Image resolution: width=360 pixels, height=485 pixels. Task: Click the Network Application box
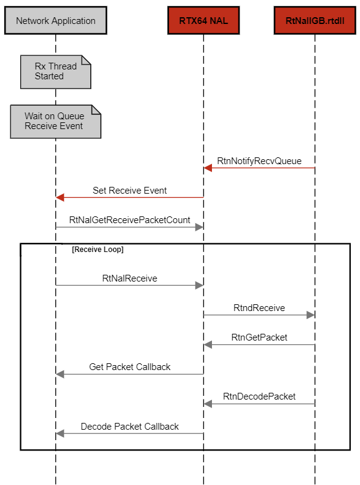coord(56,20)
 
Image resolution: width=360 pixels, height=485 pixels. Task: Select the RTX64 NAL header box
coord(203,20)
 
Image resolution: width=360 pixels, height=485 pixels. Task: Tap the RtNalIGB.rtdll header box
coord(315,20)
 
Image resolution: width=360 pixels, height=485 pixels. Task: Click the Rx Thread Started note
coord(56,72)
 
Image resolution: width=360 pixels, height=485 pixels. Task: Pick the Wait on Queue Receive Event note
coord(56,121)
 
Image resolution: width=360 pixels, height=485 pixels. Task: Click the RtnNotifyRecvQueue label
coord(259,161)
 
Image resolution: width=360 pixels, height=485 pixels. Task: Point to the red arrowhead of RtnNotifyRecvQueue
coord(208,168)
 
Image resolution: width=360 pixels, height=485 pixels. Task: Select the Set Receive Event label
coord(130,190)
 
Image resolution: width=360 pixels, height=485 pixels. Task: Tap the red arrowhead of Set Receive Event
coord(60,197)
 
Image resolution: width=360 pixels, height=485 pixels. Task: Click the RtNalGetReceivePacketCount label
coord(130,220)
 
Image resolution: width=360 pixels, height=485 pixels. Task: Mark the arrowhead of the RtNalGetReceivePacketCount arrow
coord(199,227)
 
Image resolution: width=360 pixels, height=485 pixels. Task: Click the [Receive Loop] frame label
coord(98,250)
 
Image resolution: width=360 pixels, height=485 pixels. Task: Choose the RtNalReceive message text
coord(130,278)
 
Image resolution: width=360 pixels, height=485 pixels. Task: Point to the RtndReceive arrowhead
coord(311,315)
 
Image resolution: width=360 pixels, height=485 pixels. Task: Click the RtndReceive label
coord(259,308)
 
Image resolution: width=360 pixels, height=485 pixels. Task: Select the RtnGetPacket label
coord(259,337)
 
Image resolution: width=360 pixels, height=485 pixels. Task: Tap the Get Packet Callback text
coord(130,367)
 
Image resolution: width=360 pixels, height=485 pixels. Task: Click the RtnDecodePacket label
coord(259,396)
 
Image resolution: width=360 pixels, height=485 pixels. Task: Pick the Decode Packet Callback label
coord(130,426)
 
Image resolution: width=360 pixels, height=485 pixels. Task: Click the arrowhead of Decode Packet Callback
coord(60,433)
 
